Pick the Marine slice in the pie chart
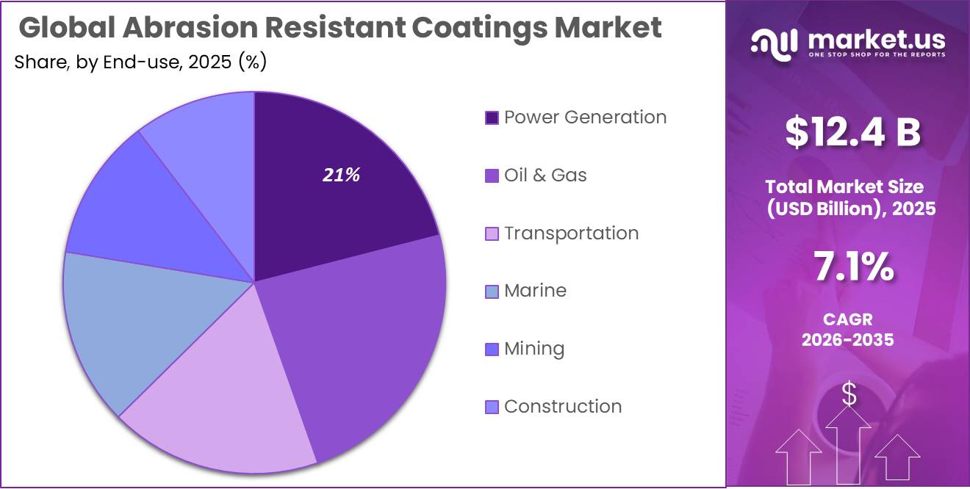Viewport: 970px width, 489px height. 132,323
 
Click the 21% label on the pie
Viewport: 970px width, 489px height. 341,175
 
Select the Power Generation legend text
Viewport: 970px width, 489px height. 585,117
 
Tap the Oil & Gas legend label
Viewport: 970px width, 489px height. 545,175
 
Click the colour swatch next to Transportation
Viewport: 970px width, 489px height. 492,233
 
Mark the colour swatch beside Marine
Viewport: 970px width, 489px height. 492,291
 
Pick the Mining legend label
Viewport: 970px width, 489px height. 533,349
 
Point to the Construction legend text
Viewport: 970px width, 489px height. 563,407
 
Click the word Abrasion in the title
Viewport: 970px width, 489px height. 187,28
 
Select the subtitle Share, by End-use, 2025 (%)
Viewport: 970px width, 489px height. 140,62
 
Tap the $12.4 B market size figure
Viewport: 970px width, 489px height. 852,132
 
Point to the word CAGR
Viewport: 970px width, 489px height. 847,321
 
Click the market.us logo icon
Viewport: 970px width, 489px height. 774,43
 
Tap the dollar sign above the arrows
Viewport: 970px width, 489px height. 849,395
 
